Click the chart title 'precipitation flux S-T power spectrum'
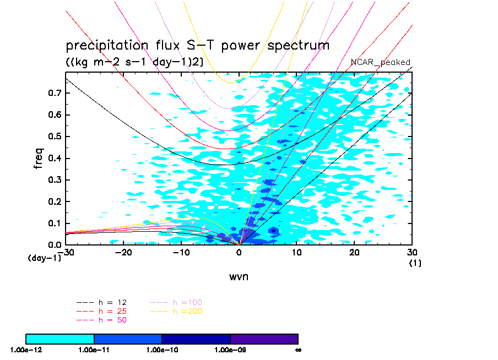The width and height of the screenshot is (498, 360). [197, 46]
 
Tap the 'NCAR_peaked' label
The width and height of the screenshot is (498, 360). [381, 62]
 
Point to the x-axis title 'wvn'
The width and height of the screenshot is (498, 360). [239, 276]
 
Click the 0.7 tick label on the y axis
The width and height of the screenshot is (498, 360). [54, 94]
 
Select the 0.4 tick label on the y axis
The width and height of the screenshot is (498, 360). [54, 159]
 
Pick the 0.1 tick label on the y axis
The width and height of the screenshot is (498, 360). [54, 223]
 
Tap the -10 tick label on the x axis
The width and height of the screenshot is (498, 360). [181, 252]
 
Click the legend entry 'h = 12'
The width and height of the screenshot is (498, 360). [102, 303]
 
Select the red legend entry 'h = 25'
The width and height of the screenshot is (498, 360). [102, 311]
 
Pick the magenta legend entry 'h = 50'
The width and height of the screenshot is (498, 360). [102, 319]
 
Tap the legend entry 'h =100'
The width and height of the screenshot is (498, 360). [176, 303]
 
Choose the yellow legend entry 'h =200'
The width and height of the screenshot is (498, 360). [176, 311]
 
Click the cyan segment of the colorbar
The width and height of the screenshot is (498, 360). [60, 339]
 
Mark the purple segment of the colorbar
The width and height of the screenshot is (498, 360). [264, 339]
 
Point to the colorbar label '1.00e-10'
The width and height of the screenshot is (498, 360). [162, 350]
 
